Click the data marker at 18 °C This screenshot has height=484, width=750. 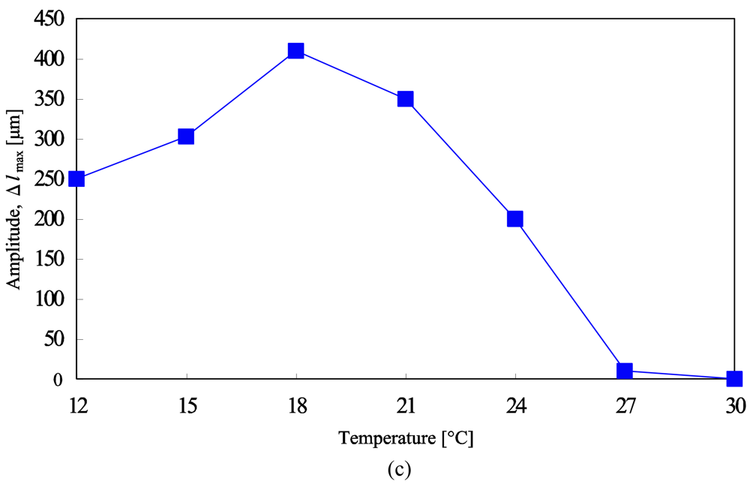(295, 51)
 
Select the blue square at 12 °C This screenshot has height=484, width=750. (76, 179)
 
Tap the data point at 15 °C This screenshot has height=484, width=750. (186, 137)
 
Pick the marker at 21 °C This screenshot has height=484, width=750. (406, 99)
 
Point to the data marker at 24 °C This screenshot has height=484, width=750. (514, 219)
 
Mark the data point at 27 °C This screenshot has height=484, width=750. (625, 371)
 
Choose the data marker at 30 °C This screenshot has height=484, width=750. (734, 379)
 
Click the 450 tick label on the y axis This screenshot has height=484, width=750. (49, 19)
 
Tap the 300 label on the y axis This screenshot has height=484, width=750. (49, 139)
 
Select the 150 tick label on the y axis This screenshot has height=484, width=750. (49, 259)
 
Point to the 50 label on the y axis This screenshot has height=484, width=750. (53, 339)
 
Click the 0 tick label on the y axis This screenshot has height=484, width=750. (58, 379)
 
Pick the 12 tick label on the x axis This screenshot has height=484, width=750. (77, 406)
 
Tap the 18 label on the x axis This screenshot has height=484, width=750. (296, 406)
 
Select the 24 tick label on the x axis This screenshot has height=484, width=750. (515, 406)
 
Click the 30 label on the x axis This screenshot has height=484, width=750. (734, 406)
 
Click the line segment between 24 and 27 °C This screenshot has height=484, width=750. (570, 295)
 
